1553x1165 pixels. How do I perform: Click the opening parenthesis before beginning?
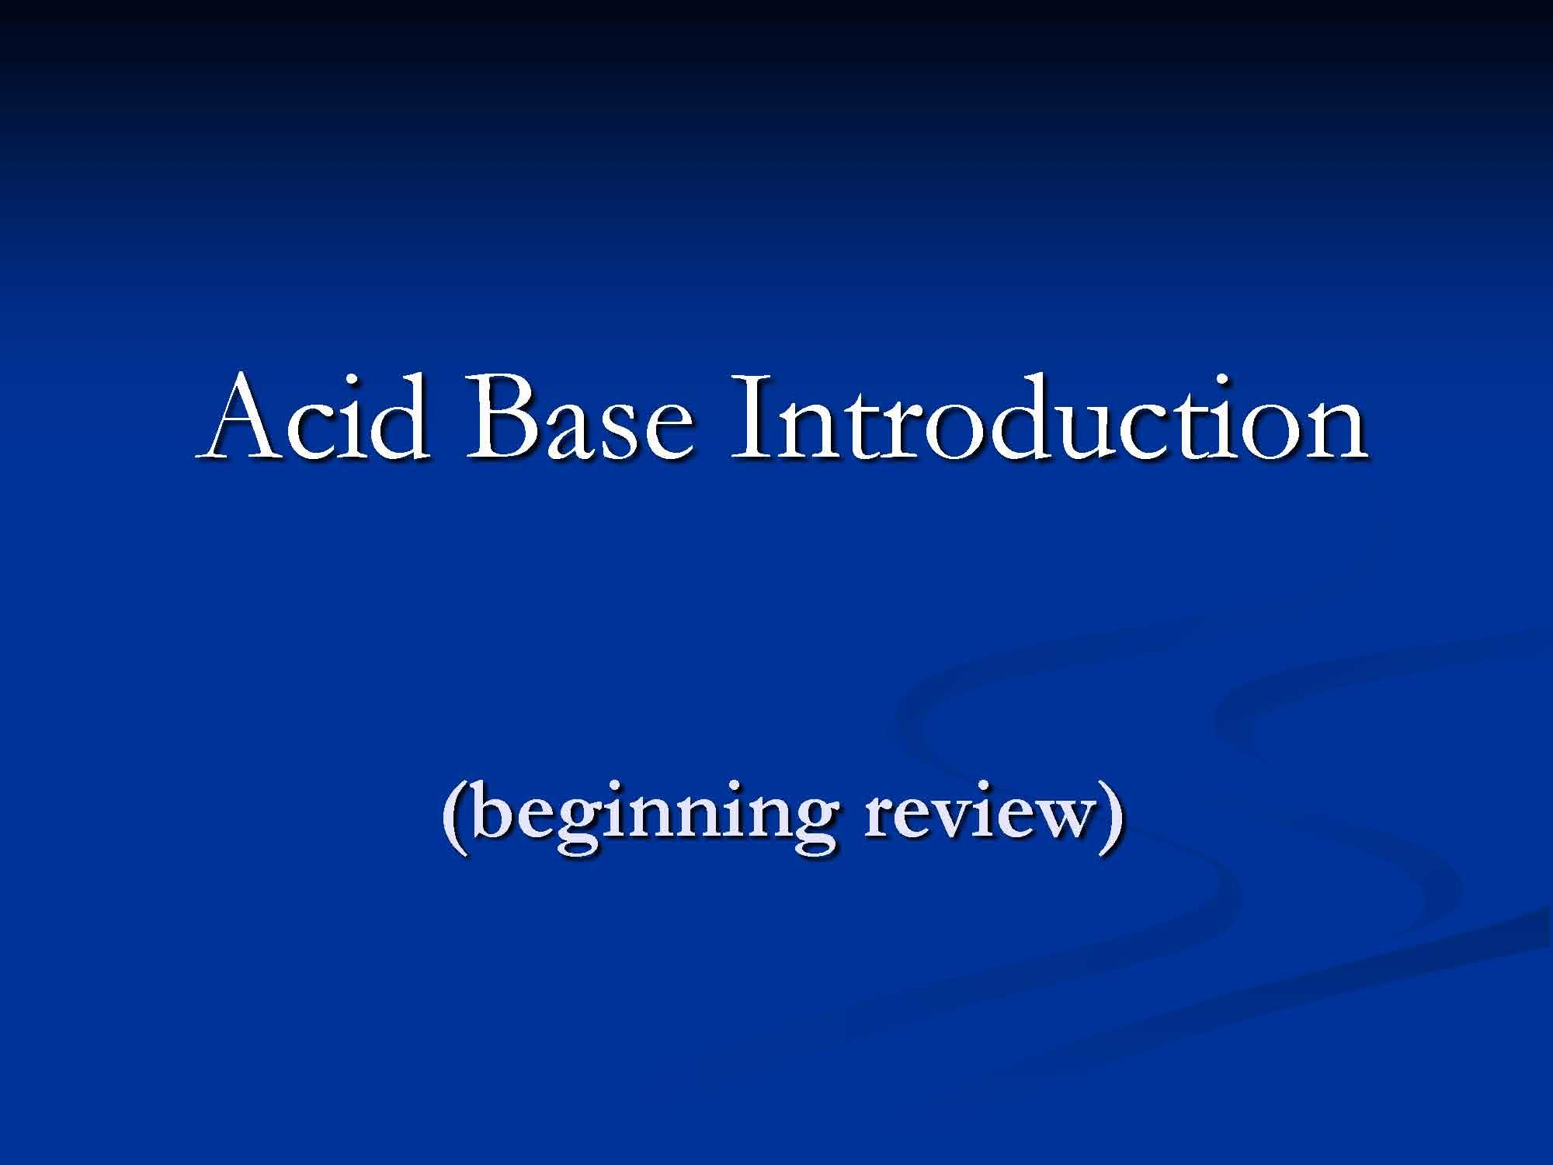coord(456,819)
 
